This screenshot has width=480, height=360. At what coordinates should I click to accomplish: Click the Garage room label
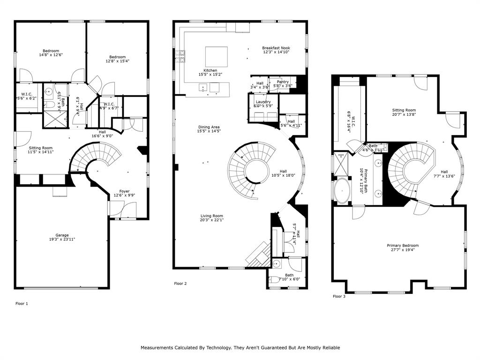tap(62, 235)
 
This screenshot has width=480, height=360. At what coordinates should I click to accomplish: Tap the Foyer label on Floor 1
tap(124, 191)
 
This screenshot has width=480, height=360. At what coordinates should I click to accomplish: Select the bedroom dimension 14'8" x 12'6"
tap(51, 55)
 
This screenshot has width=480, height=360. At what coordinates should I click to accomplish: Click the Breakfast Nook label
tap(276, 48)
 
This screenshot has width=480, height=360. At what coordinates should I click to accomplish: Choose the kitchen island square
tap(216, 57)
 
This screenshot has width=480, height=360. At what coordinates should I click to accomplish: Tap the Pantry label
tap(283, 82)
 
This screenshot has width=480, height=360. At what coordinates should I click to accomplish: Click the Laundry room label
tap(263, 102)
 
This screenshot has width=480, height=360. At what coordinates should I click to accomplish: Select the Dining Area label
tap(209, 127)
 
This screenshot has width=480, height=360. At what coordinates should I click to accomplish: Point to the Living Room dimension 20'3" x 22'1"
tap(211, 220)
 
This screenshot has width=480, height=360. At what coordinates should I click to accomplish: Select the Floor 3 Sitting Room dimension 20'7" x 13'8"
tap(404, 114)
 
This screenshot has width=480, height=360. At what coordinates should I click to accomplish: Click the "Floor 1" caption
tap(22, 304)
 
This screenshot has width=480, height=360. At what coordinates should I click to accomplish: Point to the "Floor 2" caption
tap(180, 284)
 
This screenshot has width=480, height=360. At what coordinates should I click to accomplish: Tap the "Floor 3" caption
tap(339, 296)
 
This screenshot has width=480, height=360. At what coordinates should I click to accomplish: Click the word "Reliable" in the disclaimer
tap(329, 348)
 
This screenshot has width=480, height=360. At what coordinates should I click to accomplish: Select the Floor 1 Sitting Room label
tap(41, 148)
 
